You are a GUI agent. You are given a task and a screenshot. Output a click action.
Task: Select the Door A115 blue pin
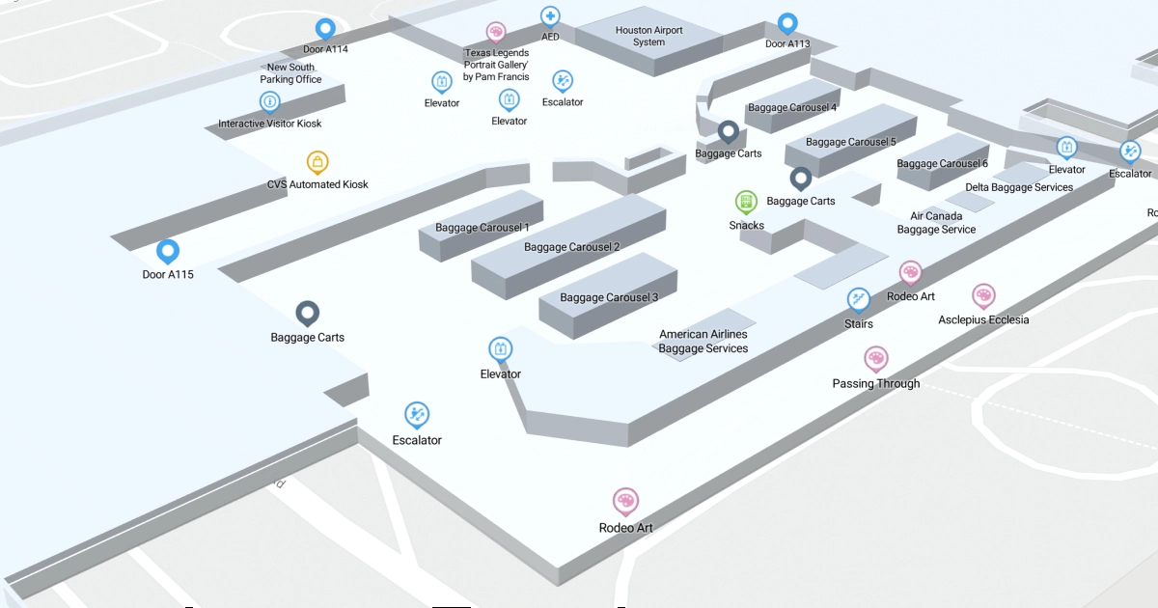(168, 252)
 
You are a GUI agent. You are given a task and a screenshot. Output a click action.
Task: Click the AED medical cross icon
(550, 16)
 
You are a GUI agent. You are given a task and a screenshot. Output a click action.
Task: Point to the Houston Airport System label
(648, 36)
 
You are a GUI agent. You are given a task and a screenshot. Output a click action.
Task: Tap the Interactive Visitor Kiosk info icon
(270, 101)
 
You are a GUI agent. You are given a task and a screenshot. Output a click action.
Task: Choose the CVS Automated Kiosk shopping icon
(317, 162)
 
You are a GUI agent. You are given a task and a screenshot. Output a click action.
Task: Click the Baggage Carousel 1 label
(482, 228)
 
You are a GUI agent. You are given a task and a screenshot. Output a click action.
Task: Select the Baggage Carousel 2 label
(571, 247)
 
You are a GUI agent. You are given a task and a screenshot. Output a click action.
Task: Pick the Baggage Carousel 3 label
(609, 297)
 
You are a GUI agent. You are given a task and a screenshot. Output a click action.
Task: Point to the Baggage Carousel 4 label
(792, 107)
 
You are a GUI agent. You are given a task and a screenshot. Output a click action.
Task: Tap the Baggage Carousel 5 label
(850, 142)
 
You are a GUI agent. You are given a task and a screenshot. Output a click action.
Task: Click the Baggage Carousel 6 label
(942, 164)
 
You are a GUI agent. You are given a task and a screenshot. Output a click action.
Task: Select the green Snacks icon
(746, 202)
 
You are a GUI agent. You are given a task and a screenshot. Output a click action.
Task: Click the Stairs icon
(859, 300)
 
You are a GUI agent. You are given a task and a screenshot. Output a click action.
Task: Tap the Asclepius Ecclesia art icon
(983, 295)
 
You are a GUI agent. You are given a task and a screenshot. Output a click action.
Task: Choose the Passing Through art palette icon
(876, 359)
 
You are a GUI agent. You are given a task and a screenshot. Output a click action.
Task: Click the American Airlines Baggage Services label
(703, 342)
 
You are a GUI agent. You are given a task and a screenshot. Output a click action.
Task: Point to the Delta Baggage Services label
(1019, 187)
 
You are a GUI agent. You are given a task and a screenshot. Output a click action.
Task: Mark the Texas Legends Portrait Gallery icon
(496, 33)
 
